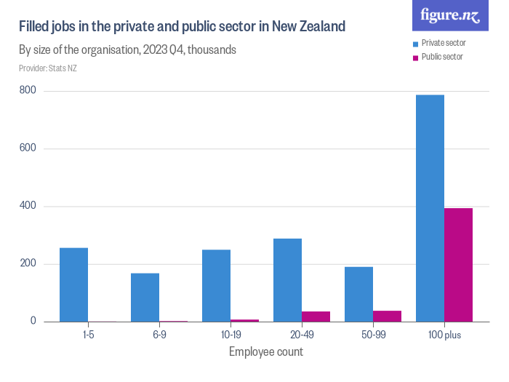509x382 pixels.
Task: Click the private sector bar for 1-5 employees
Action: [73, 284]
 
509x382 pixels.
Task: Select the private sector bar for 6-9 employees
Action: [145, 297]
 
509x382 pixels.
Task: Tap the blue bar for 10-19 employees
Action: [216, 285]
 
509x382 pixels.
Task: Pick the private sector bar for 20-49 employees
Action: [287, 280]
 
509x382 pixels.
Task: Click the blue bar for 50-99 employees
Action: [358, 294]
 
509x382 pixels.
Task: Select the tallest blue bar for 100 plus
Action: [430, 208]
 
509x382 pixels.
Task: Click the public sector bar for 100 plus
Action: [458, 265]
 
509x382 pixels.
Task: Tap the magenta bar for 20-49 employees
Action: [316, 317]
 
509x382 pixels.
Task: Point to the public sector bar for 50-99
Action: [387, 316]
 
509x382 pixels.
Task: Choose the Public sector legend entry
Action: [441, 57]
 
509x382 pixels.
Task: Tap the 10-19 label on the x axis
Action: [230, 335]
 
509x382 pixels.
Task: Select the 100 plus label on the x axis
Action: [444, 335]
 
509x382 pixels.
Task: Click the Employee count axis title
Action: [265, 352]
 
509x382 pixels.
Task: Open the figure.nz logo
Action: [450, 15]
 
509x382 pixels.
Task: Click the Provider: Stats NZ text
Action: [48, 68]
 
